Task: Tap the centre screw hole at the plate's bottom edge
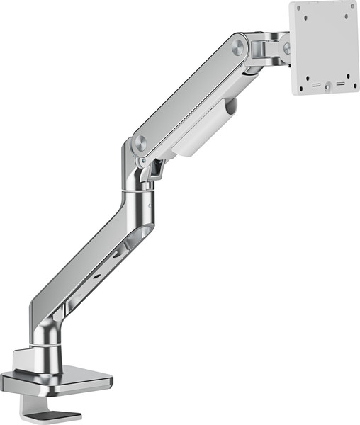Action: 328,88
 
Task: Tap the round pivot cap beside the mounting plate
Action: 286,48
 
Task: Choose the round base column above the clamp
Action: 50,347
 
